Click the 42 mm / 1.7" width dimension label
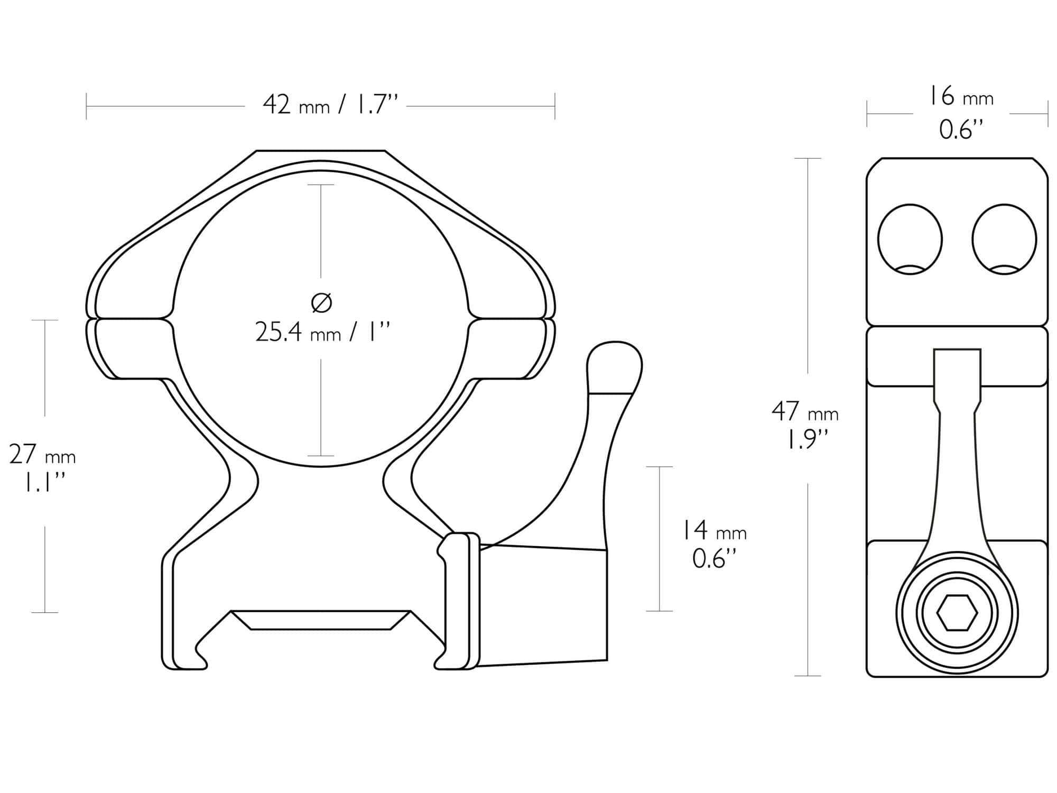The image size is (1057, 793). coord(330,105)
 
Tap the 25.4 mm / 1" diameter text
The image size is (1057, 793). coord(322,333)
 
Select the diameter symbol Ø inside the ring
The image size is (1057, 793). coord(321,303)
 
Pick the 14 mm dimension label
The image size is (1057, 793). coord(713,530)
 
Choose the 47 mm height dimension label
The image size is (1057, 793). coord(804,412)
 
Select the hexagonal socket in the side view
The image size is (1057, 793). coord(957,613)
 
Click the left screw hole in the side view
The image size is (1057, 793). coord(910,239)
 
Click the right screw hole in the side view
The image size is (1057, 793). coord(1004,239)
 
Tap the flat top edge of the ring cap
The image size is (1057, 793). coord(321,151)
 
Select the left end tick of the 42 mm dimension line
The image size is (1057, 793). coord(87,106)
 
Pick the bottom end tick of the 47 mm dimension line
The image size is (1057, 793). coord(808,676)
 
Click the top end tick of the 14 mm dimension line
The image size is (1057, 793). coord(660,467)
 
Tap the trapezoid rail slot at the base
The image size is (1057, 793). coord(321,620)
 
